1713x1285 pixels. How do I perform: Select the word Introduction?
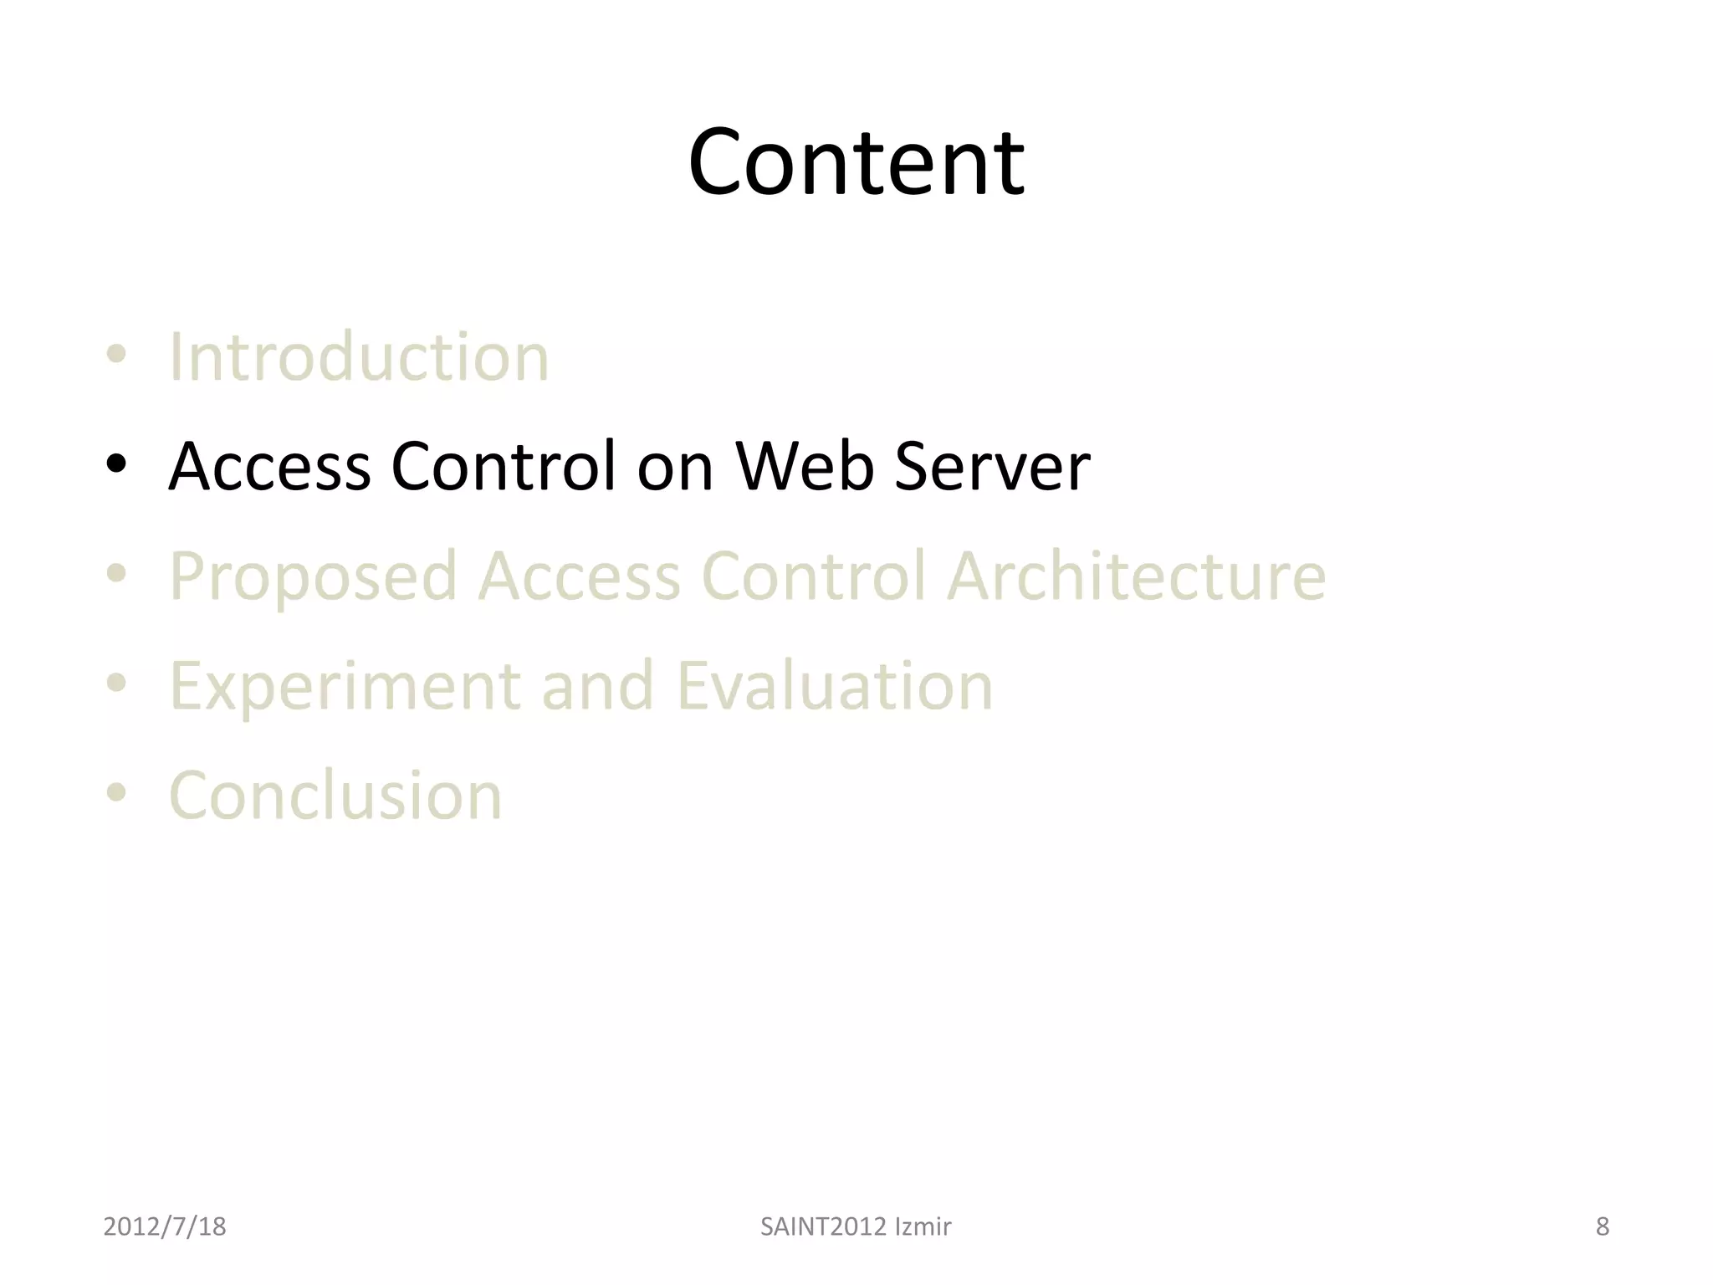359,357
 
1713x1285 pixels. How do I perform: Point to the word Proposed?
314,577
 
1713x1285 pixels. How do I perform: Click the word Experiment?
345,687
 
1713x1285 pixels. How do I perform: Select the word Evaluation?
834,686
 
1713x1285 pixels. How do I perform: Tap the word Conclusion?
335,796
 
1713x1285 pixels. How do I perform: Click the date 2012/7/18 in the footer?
165,1226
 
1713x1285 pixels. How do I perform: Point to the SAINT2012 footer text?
823,1226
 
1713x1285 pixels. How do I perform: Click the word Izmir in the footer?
923,1226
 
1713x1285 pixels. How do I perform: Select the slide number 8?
1602,1226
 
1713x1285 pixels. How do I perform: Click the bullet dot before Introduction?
116,355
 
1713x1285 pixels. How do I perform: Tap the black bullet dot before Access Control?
116,463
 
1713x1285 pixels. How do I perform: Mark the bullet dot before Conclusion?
116,792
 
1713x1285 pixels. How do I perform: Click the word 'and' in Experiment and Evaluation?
597,686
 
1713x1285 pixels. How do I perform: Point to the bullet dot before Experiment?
116,683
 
